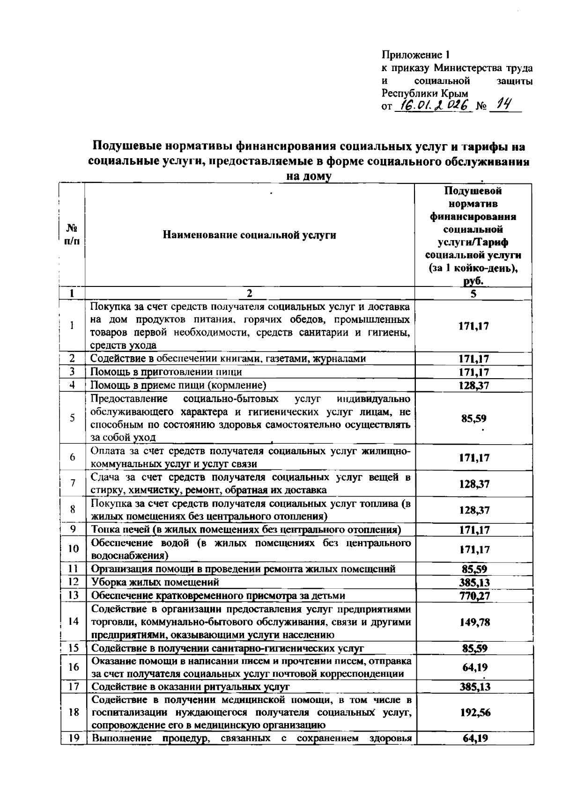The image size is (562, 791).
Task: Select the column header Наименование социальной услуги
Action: pyautogui.click(x=249, y=235)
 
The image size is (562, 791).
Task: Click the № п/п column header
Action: pyautogui.click(x=72, y=234)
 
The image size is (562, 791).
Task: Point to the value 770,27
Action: pyautogui.click(x=474, y=596)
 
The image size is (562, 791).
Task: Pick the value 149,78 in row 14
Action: pyautogui.click(x=474, y=622)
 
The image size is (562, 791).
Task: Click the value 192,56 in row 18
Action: pyautogui.click(x=474, y=712)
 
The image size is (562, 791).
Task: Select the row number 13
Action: pyautogui.click(x=73, y=595)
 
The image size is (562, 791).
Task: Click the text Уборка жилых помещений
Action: pyautogui.click(x=155, y=582)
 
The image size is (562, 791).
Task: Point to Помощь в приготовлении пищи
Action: pyautogui.click(x=166, y=372)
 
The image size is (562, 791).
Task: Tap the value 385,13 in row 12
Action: pyautogui.click(x=474, y=582)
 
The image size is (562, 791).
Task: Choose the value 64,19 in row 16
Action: pyautogui.click(x=474, y=667)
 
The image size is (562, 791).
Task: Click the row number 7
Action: pyautogui.click(x=73, y=483)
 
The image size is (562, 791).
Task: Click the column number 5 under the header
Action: pyautogui.click(x=473, y=293)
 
